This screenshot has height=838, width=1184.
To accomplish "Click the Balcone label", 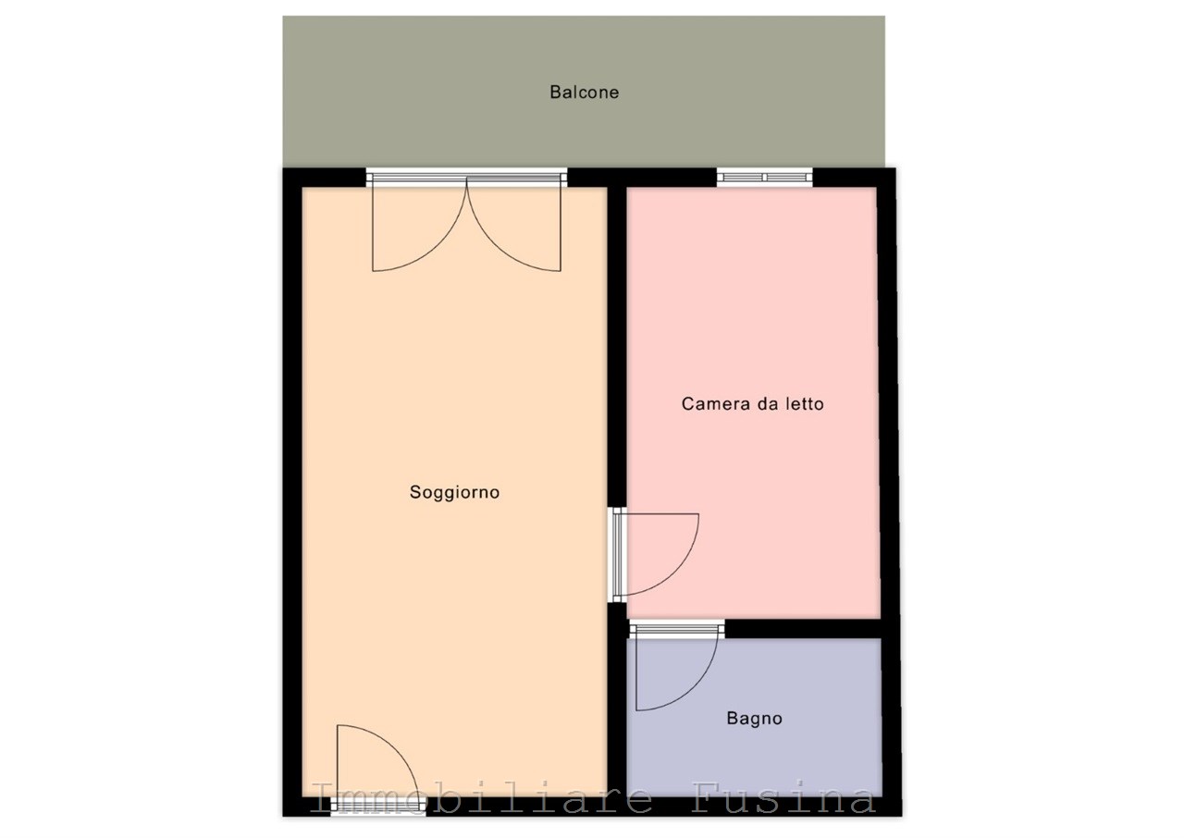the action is [584, 92].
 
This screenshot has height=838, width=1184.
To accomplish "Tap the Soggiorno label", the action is [454, 492].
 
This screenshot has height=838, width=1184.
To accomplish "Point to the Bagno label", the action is [754, 719].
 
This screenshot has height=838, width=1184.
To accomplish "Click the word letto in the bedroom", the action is [805, 404].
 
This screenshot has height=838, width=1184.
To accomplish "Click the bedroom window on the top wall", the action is [764, 177].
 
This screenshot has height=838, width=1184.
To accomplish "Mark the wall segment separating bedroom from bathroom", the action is [803, 629].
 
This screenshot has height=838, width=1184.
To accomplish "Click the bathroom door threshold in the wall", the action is [676, 629].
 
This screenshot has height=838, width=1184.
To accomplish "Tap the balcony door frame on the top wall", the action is [467, 177].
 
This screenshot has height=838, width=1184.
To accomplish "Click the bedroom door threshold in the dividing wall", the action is [617, 555].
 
